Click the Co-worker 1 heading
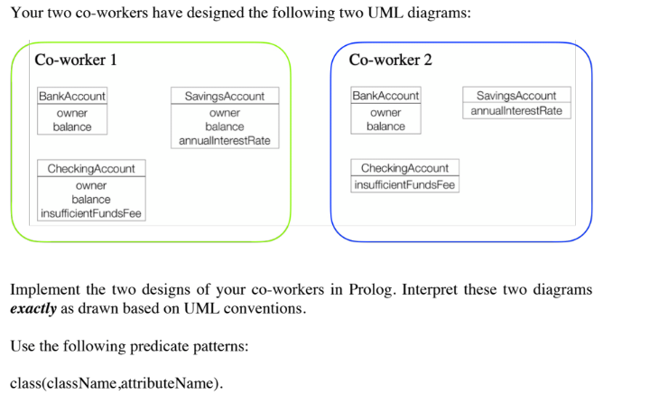click(75, 61)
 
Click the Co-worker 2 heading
click(390, 61)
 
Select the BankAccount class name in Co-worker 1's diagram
click(72, 96)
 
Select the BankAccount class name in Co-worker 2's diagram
click(385, 96)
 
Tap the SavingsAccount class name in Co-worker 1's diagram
click(225, 96)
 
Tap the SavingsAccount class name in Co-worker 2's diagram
click(516, 96)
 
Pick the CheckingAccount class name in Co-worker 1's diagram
click(91, 169)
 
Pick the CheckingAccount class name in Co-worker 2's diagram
click(404, 168)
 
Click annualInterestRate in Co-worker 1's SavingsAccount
click(225, 140)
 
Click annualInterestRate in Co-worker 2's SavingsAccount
click(516, 111)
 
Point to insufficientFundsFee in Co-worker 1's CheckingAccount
click(91, 213)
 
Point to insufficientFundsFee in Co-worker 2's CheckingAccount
click(404, 184)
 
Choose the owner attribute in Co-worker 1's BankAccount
click(72, 113)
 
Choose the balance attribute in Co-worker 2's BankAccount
click(385, 127)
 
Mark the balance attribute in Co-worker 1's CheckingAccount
click(91, 199)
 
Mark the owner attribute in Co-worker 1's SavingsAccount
click(225, 113)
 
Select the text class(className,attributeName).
click(116, 383)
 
